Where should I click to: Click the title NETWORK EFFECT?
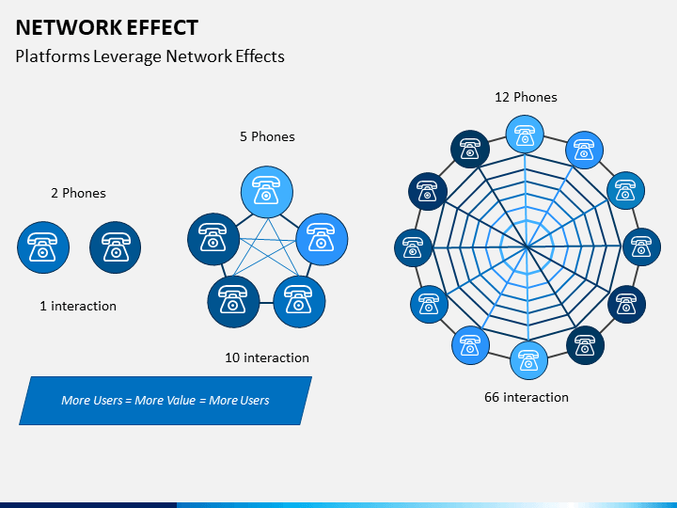coord(106,27)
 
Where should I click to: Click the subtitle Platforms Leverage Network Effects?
coord(150,56)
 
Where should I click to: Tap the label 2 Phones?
coord(78,193)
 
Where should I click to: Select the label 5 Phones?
coord(267,136)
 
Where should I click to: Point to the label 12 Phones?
coord(526,97)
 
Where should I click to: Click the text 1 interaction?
coord(78,307)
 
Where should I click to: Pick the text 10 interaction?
coord(267,357)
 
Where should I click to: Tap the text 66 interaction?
coord(527,397)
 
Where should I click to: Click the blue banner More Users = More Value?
coord(165,401)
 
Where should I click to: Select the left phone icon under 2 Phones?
coord(43,247)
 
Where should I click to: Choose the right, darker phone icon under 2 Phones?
coord(116,247)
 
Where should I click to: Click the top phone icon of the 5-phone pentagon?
coord(267,192)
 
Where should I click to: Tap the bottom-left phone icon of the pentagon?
coord(233,302)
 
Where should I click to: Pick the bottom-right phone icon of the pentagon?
coord(299,302)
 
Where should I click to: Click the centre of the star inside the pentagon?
coord(267,251)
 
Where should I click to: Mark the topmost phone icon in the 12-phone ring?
coord(525,134)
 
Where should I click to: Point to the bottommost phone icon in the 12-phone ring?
coord(528,360)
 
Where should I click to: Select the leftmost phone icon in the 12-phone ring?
coord(413,248)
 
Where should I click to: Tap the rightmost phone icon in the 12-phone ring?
coord(641,247)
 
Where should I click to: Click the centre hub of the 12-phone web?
coord(527,246)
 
